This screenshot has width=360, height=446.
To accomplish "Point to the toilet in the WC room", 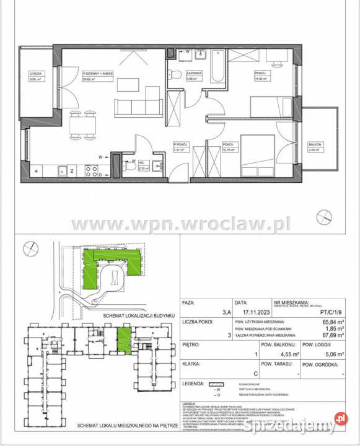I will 131,165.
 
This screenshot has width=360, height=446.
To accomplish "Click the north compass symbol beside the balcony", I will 324,216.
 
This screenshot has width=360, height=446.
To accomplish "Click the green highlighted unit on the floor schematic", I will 124,338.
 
